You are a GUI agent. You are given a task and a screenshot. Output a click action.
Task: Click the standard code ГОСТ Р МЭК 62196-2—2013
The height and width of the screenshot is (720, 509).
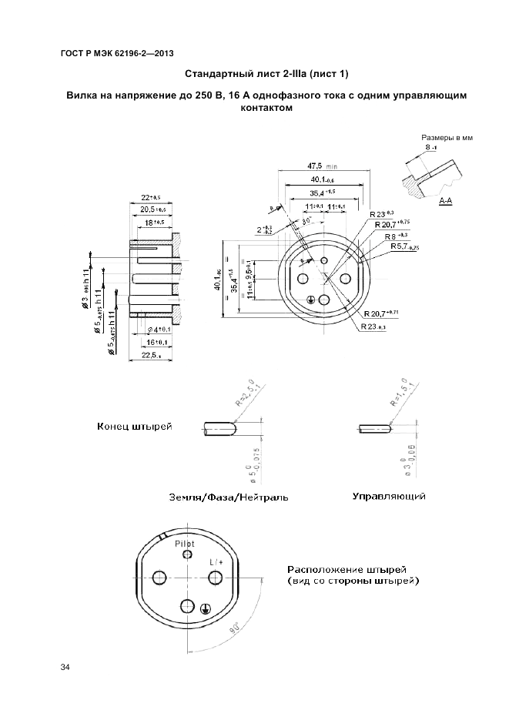coord(116,52)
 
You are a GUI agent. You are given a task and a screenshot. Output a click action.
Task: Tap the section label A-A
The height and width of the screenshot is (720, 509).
coord(445,201)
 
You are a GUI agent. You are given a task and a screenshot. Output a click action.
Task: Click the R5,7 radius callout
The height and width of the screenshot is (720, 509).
coord(404,247)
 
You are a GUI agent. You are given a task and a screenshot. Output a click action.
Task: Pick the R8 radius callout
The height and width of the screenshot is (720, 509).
coord(396,236)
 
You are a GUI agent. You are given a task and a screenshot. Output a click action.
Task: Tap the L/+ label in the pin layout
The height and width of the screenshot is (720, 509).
coord(216,562)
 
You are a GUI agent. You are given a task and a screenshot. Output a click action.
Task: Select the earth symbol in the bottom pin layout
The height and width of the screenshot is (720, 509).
coord(204,609)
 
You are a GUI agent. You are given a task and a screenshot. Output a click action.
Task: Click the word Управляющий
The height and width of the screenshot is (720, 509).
coord(389,497)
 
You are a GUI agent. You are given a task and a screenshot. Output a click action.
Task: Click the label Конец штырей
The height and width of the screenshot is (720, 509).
coord(134,426)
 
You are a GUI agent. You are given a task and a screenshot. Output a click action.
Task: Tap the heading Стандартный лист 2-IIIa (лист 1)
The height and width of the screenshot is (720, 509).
coord(266,74)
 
